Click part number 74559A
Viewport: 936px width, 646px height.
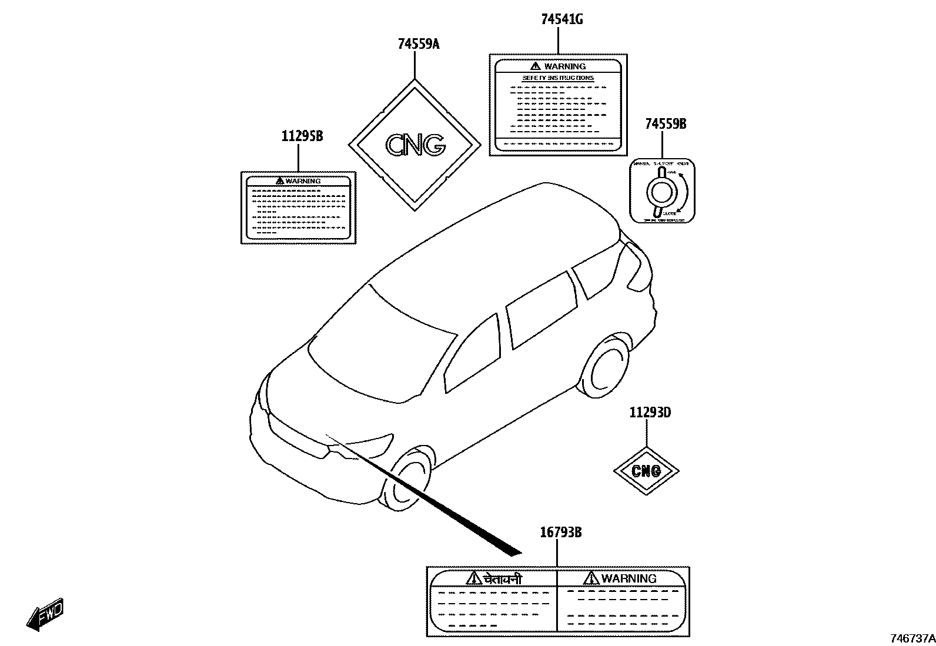tap(418, 44)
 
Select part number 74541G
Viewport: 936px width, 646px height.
tap(561, 19)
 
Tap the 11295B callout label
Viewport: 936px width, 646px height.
tap(302, 136)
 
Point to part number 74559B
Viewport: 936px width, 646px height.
tap(666, 124)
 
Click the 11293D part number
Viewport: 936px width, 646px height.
tap(650, 412)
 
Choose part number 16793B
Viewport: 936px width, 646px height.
tap(560, 533)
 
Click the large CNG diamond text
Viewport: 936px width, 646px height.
tap(415, 145)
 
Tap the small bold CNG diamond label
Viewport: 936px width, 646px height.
tap(646, 471)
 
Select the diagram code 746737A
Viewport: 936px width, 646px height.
tap(911, 638)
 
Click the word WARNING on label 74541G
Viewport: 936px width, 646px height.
tap(564, 66)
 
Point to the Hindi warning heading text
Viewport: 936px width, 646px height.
tap(502, 579)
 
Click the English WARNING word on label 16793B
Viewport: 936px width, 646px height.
tap(629, 578)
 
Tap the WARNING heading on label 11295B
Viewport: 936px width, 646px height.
tap(303, 181)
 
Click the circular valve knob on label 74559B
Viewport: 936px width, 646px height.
tap(661, 191)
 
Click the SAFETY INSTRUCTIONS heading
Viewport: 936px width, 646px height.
tap(558, 78)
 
